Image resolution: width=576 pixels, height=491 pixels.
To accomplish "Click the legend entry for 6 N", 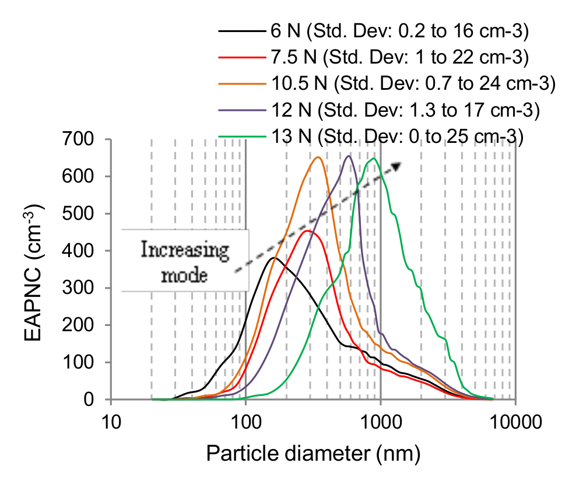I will click(x=399, y=31).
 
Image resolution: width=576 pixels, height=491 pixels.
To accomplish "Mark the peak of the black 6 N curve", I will click(x=274, y=258).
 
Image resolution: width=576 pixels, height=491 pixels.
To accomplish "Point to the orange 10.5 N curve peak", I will click(x=318, y=157).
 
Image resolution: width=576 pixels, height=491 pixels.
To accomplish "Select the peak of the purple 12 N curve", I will click(x=349, y=156).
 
